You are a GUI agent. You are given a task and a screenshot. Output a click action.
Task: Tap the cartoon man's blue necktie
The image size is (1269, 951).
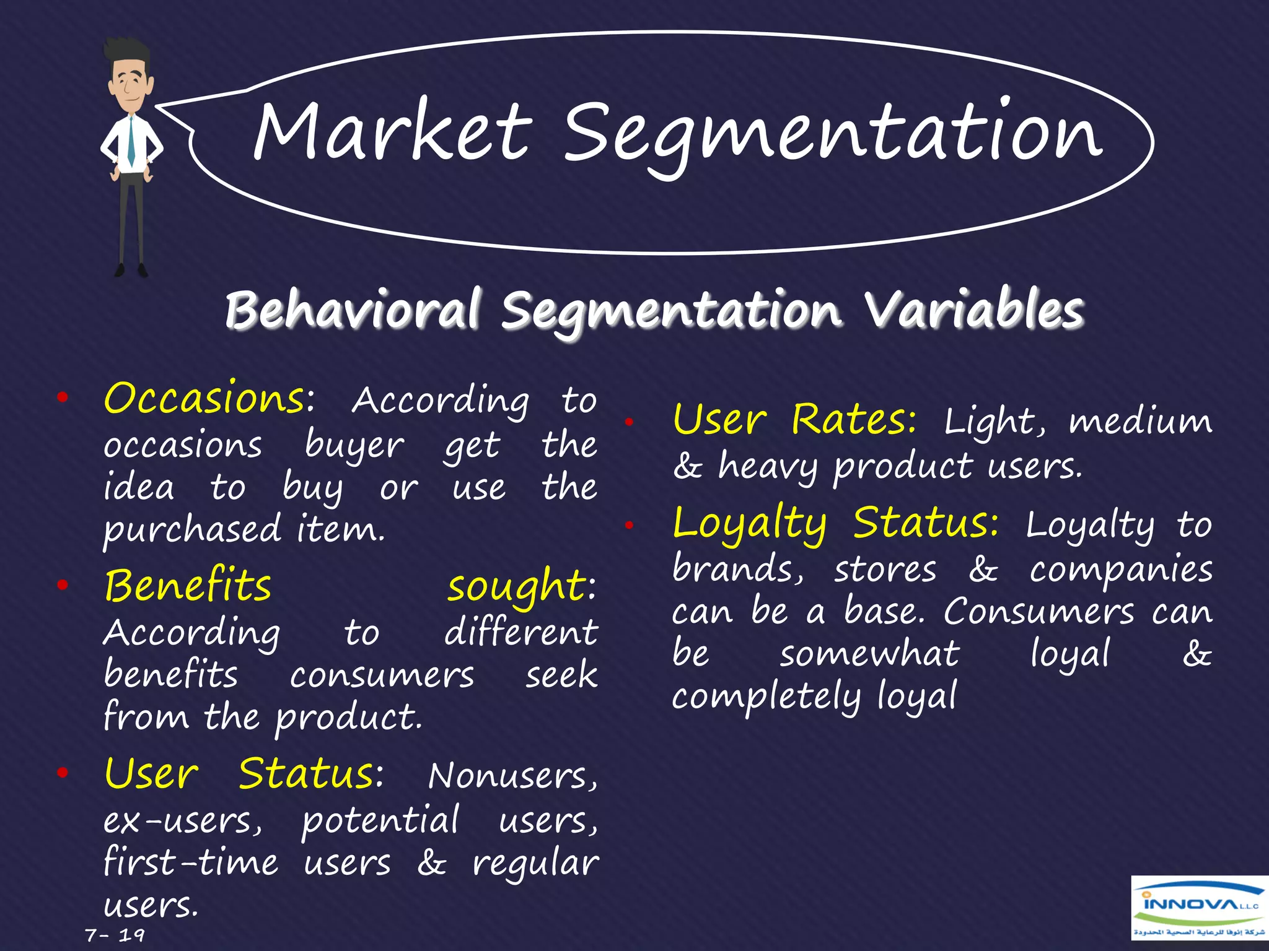pyautogui.click(x=131, y=142)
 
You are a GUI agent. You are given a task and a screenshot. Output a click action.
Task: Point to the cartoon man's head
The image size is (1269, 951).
pyautogui.click(x=130, y=77)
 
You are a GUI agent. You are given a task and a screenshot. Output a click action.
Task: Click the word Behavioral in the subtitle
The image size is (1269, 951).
pyautogui.click(x=352, y=310)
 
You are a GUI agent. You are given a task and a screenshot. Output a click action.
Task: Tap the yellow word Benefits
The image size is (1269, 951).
pyautogui.click(x=188, y=586)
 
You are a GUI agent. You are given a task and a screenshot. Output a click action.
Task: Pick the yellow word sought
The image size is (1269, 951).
pyautogui.click(x=516, y=587)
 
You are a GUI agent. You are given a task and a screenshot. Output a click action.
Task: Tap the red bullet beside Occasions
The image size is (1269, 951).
pyautogui.click(x=62, y=398)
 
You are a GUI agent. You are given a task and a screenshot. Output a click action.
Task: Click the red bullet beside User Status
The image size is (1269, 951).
pyautogui.click(x=62, y=773)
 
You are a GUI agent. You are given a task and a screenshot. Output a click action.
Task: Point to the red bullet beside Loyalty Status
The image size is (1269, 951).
pyautogui.click(x=629, y=526)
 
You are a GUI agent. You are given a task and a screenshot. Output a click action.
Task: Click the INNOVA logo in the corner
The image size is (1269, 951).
pyautogui.click(x=1199, y=908)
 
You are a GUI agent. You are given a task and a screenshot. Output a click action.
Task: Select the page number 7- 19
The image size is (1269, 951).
pyautogui.click(x=115, y=934)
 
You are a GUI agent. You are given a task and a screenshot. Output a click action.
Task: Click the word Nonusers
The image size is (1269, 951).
pyautogui.click(x=512, y=776)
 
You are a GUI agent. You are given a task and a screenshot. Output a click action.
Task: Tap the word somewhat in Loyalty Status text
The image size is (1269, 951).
pyautogui.click(x=869, y=654)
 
